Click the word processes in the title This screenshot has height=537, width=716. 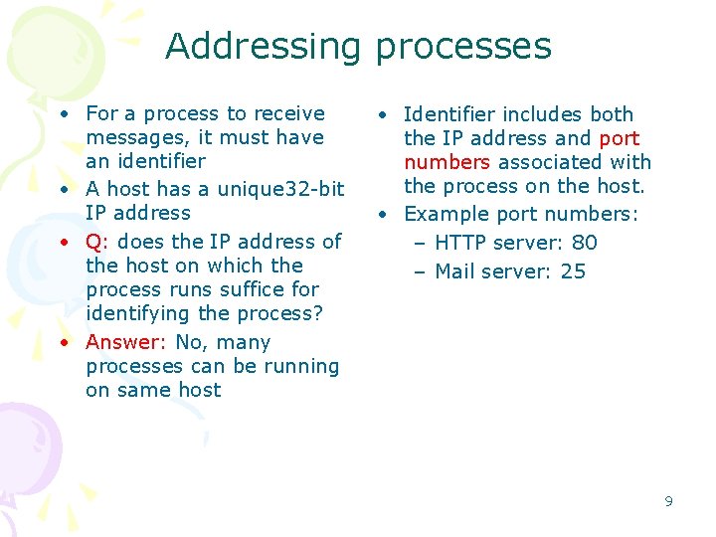click(x=463, y=47)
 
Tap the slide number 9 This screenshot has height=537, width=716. click(x=668, y=501)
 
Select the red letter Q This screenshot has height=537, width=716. click(x=93, y=242)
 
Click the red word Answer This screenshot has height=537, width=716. click(x=125, y=342)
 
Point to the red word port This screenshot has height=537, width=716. click(x=620, y=138)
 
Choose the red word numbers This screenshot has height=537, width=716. click(x=447, y=162)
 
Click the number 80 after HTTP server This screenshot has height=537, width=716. click(x=585, y=243)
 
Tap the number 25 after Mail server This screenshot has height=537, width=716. click(x=573, y=271)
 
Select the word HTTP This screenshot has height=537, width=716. click(x=461, y=243)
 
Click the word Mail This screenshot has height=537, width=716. click(x=455, y=271)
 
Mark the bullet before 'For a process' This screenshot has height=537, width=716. click(x=63, y=114)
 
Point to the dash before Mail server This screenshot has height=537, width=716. click(x=422, y=271)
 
